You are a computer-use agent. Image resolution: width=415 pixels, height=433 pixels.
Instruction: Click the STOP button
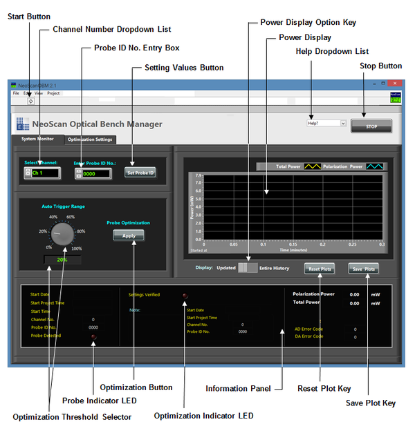point(380,126)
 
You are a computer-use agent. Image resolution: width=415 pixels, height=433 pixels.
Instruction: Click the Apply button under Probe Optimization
point(129,235)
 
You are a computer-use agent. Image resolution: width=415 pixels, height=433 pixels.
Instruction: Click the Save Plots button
point(363,269)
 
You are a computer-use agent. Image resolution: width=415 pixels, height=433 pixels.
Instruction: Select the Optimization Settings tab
point(90,139)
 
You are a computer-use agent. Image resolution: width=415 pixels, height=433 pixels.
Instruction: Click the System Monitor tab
point(37,139)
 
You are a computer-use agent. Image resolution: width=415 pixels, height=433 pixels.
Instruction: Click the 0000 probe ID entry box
point(95,174)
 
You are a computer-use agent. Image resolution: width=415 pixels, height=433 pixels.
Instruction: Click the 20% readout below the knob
point(62,260)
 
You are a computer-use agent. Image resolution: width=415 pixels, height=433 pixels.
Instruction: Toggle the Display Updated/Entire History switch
point(247,268)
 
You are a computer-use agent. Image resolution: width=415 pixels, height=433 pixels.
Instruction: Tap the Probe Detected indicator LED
point(94,336)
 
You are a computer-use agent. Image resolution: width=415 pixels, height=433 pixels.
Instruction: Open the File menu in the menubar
point(16,93)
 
